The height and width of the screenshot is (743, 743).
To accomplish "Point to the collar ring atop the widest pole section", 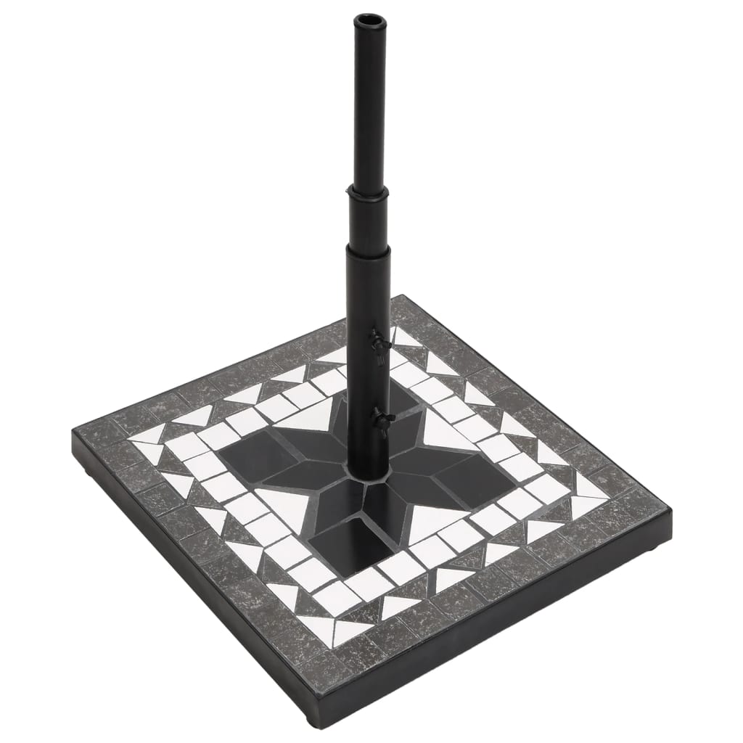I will coord(369,249).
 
